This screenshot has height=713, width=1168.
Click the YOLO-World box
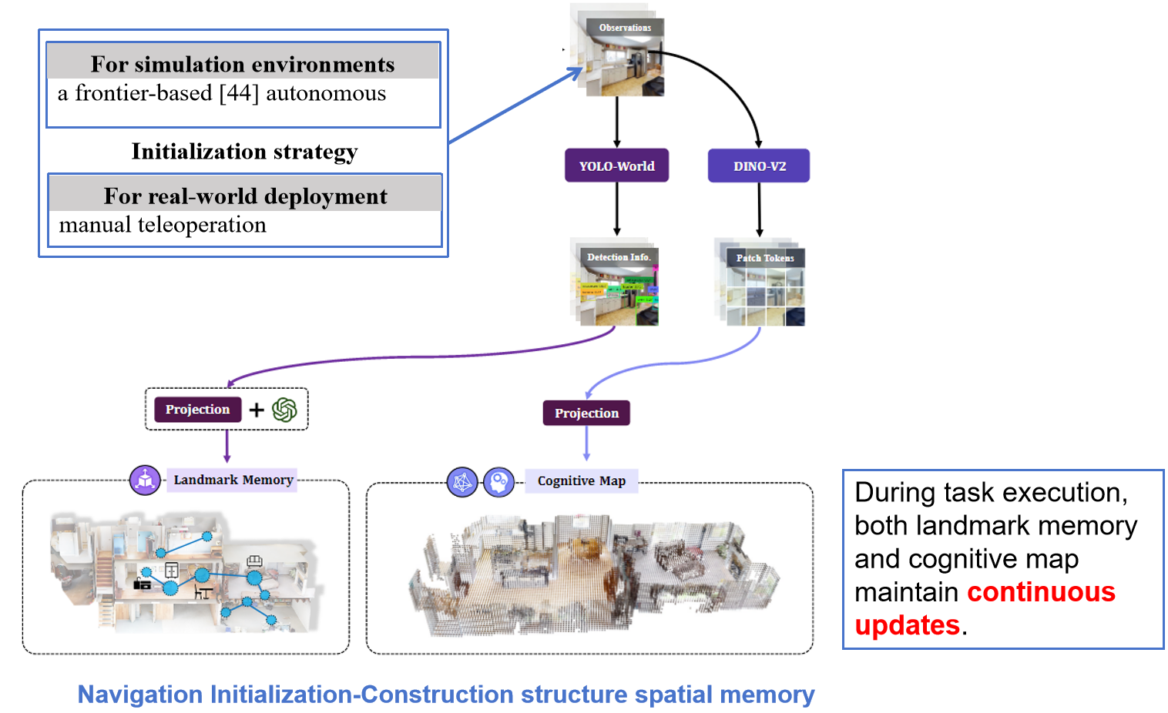click(616, 166)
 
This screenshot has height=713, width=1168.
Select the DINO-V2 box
click(759, 166)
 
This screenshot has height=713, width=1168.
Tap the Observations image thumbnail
click(623, 59)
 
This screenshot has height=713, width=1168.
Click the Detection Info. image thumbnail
click(618, 285)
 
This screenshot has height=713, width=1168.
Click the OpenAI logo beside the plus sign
click(284, 410)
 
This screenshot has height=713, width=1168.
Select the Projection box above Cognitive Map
click(586, 413)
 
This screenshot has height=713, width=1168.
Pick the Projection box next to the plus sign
click(197, 409)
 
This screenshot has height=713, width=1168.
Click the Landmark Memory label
click(233, 480)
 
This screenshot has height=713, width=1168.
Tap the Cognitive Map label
click(582, 480)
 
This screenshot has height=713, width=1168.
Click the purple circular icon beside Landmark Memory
click(145, 480)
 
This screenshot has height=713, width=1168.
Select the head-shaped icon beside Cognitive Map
click(498, 482)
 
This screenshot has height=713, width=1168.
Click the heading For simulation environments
click(243, 64)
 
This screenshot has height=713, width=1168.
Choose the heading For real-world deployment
click(245, 196)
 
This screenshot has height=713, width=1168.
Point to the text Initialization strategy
click(244, 151)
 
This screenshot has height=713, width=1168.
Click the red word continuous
click(1041, 591)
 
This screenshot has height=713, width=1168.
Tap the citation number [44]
click(238, 93)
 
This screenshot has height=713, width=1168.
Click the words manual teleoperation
click(163, 225)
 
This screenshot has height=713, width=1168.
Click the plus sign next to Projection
click(257, 410)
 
